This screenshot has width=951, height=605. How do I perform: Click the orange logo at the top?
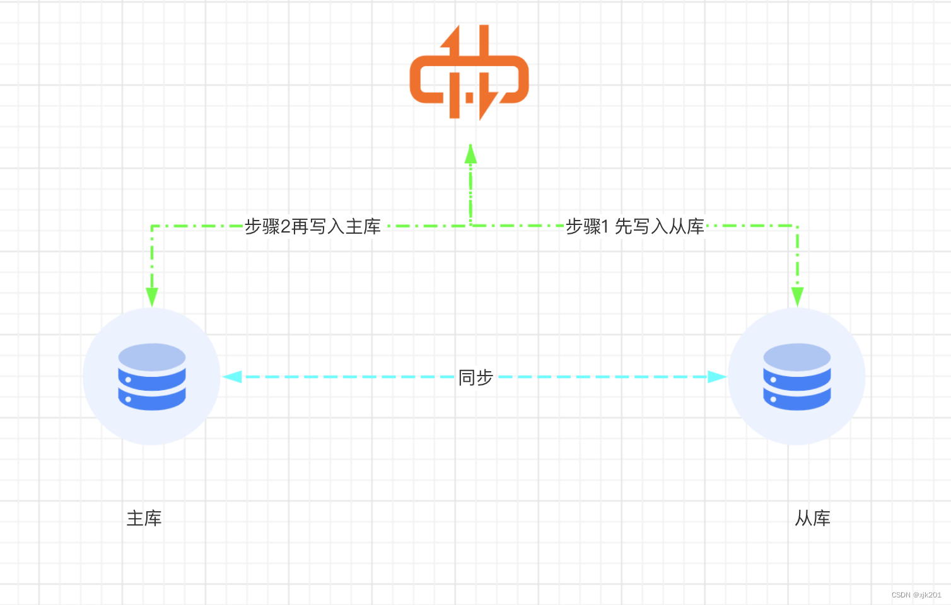(469, 72)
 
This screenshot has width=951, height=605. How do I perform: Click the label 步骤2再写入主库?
(312, 226)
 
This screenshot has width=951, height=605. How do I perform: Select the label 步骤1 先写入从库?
(634, 226)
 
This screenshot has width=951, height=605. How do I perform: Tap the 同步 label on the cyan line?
(475, 377)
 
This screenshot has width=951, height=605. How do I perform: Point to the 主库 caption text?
(144, 519)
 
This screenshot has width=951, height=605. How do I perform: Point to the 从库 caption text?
(812, 519)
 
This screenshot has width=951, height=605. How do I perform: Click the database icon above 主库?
(152, 377)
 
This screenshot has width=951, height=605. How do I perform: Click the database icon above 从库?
(797, 377)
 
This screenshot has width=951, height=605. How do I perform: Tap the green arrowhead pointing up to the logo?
(470, 154)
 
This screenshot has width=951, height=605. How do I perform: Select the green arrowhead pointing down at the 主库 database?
(152, 297)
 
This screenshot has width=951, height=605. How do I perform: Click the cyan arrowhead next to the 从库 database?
(717, 377)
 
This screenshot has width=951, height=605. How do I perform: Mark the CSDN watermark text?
(916, 595)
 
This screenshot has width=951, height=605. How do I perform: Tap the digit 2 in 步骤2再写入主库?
(285, 226)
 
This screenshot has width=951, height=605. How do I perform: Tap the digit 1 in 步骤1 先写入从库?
(605, 226)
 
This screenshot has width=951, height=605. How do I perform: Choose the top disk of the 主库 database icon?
(152, 357)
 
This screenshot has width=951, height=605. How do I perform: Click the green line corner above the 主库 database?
(152, 226)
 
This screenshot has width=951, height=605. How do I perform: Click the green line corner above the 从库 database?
(798, 226)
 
